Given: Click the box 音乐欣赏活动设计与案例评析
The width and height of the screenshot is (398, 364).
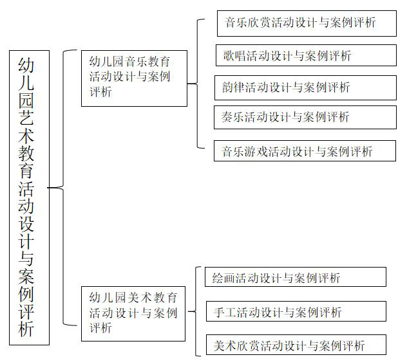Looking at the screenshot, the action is (x=307, y=23).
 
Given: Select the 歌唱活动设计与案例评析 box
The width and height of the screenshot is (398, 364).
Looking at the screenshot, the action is (x=306, y=55).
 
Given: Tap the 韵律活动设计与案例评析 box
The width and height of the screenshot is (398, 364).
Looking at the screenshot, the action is (x=306, y=87).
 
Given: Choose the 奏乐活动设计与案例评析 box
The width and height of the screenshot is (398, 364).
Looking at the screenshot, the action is (x=305, y=117).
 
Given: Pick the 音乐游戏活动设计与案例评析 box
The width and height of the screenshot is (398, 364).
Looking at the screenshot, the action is (x=305, y=151).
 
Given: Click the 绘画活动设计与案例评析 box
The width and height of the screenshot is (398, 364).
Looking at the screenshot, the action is (x=296, y=277).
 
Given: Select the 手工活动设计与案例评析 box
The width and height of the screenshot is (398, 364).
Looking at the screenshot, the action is (x=296, y=311).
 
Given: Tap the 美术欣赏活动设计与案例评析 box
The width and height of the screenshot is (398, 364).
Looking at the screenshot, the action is (x=296, y=345).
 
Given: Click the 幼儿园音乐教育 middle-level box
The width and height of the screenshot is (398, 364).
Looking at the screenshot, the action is (x=134, y=78).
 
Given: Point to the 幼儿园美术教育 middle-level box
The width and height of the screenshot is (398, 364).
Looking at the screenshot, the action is (x=133, y=314).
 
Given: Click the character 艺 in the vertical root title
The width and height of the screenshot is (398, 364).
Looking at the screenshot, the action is (x=26, y=117).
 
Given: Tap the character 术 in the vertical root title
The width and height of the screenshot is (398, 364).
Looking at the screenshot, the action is (x=26, y=134).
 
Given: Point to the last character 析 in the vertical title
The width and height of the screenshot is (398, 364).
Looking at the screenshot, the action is (x=26, y=329).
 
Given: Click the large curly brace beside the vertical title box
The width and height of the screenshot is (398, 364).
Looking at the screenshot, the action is (x=63, y=188).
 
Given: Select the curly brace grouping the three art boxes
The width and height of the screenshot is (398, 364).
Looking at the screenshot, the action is (x=196, y=311).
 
